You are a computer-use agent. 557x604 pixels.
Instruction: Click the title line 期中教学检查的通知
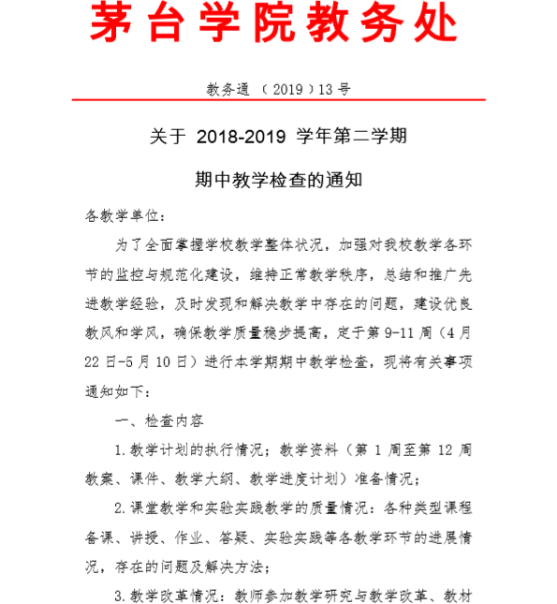278,179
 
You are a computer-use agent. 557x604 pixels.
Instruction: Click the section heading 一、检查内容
165,420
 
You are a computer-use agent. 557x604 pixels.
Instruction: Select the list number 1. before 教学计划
119,450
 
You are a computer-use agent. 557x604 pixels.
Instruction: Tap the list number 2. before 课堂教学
119,509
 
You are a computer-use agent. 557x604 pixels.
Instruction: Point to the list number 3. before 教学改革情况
119,596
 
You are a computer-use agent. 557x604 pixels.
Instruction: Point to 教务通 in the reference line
228,90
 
